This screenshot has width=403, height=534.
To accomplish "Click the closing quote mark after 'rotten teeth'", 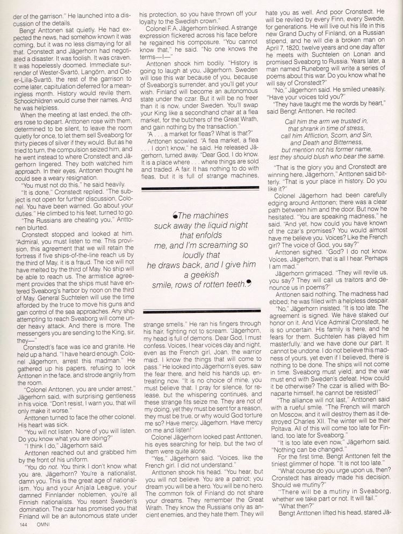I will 249,283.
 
